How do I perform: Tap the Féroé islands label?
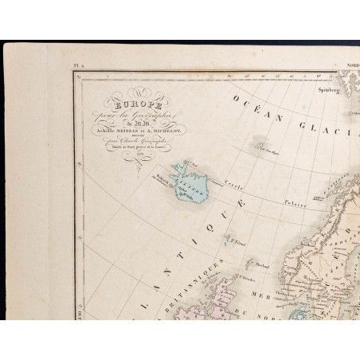[237, 236]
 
